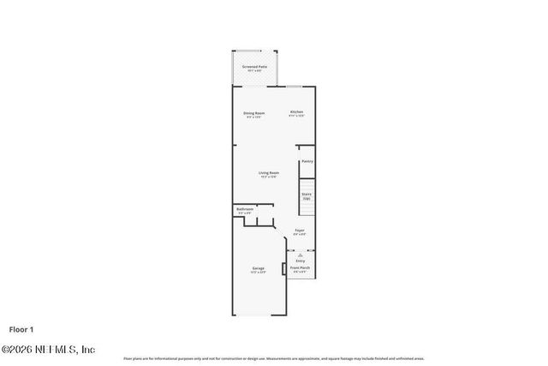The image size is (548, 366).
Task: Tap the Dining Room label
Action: [x=253, y=112]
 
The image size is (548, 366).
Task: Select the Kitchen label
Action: [x=296, y=112]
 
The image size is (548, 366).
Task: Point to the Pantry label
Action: [x=307, y=161]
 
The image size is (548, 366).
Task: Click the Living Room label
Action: [x=269, y=172]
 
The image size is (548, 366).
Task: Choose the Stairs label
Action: [x=306, y=194]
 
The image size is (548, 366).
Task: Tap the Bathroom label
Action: [x=245, y=209]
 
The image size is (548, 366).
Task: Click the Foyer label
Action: [x=300, y=230]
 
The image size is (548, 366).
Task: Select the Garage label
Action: [x=258, y=268]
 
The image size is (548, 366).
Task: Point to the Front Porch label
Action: [x=300, y=268]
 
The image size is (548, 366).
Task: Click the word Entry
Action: [x=300, y=261]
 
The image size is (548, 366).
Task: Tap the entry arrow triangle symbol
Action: [x=300, y=255]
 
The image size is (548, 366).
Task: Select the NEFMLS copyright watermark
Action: [x=48, y=350]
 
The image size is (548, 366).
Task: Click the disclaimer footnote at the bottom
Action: [x=274, y=358]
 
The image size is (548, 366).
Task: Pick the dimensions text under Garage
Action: [x=258, y=273]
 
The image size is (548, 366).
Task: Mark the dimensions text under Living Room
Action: [x=269, y=177]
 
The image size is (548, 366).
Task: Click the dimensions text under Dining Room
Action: [x=253, y=117]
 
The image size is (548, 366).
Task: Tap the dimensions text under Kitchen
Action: [x=296, y=117]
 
